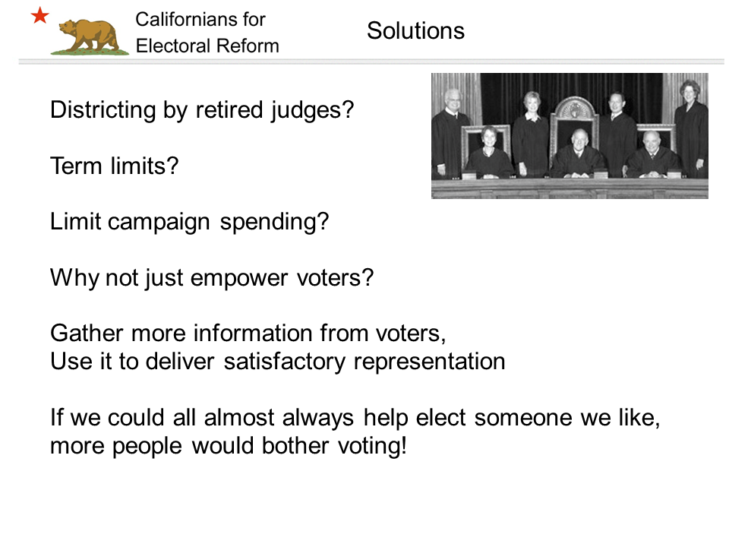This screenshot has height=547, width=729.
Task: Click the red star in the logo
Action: pos(40,15)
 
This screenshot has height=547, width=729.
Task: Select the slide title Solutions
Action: pos(415,31)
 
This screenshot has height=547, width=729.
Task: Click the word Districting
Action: pos(103,111)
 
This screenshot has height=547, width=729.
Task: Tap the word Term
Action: pos(76,166)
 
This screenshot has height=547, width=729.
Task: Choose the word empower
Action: pos(239,278)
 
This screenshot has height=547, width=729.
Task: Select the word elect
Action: pos(440,417)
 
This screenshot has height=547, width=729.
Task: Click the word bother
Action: pos(295,445)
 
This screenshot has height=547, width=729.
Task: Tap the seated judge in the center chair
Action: pos(578,154)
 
